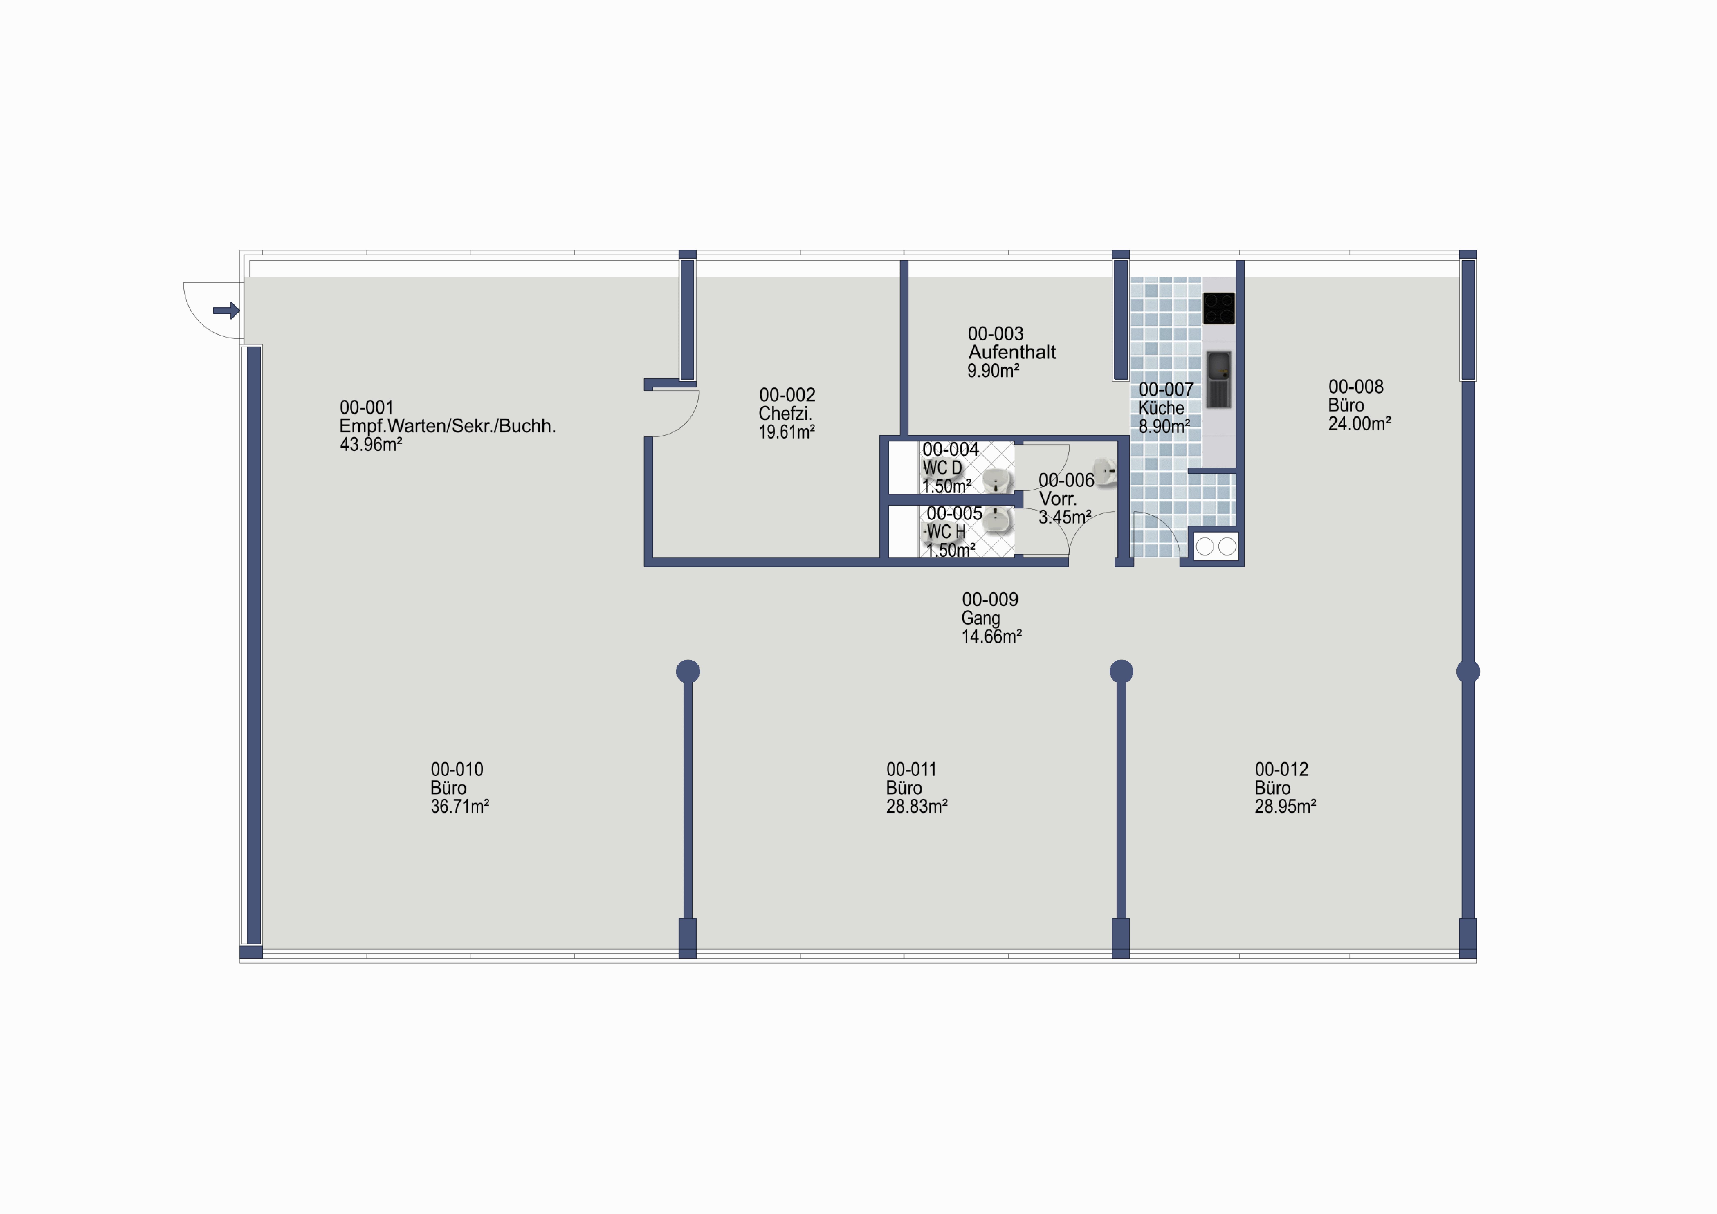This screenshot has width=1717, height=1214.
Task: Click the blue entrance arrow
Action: [226, 310]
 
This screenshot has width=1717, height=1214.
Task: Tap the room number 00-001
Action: [366, 408]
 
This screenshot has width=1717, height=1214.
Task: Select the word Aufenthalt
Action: [1012, 352]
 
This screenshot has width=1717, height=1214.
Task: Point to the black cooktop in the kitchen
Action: [1218, 308]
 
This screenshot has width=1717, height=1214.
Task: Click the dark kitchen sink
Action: [1218, 379]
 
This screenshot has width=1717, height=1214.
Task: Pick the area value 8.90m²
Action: [1164, 426]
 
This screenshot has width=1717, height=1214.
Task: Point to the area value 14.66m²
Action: [992, 637]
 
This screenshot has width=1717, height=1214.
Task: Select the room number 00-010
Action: [457, 770]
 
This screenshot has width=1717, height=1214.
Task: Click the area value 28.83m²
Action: [917, 806]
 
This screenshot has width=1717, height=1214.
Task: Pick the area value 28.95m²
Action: [1285, 806]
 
